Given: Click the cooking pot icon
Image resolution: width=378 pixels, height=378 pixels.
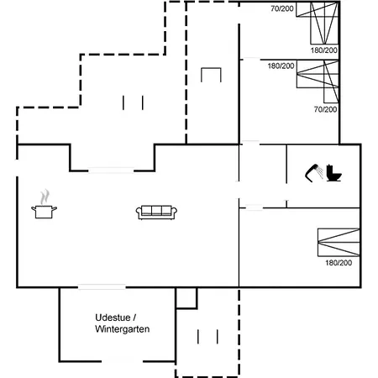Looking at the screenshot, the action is pos(44,212).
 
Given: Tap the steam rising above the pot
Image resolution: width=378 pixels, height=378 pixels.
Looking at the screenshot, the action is pos(45,197).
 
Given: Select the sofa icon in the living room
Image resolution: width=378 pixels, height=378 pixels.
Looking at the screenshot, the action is pos(156,213).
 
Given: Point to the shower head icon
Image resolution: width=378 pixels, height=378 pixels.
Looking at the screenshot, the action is pos(313,173).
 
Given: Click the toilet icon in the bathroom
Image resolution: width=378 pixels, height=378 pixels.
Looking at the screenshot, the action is pos(334,174).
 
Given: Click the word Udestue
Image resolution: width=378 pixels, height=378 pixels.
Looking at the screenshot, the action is pos(113,318).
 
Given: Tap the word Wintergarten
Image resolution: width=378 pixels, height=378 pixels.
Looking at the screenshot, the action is pos(122,328).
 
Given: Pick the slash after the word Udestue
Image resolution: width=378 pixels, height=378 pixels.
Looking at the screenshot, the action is pos(134,318).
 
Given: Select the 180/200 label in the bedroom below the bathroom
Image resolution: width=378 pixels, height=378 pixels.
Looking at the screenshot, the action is pos(339,263).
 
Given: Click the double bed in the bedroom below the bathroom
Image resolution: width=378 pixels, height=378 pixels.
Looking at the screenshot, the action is pos(339,243).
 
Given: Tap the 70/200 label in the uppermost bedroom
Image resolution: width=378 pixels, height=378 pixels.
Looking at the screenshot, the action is pos(282,8).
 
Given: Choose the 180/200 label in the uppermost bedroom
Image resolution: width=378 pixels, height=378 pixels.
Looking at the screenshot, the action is pos(323,50).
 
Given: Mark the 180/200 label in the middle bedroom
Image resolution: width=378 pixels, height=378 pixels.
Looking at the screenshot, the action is pos(281,66).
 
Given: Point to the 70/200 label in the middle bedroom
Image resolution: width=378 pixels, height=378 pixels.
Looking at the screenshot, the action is pos(325,109).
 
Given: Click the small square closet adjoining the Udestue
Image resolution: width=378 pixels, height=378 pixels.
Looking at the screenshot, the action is pos(186,298).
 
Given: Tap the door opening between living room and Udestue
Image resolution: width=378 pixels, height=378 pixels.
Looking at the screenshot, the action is pos(102,286).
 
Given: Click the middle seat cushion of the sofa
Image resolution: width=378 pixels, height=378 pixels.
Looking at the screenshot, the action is pos(156,211).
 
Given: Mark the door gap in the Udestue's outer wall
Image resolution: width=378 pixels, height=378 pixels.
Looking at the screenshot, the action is pos(122,361).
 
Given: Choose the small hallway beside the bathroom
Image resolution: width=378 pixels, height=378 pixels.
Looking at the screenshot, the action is pos(263,176).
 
